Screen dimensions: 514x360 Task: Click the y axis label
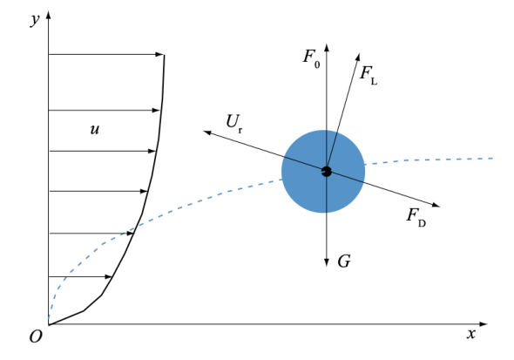35,20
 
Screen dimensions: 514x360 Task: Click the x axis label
471,334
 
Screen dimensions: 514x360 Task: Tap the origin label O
36,336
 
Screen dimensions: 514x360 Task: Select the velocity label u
94,130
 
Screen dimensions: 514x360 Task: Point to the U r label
234,123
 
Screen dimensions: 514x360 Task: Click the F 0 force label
311,58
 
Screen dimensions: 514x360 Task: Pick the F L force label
369,74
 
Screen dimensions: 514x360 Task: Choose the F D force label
416,217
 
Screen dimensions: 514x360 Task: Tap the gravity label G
344,262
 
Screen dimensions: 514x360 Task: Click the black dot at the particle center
326,171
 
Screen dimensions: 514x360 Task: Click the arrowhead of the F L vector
358,57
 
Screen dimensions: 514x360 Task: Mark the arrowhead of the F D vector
436,205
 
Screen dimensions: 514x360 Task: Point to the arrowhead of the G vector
326,262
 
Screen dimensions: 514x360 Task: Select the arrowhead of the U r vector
208,132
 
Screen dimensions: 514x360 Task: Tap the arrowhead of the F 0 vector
326,48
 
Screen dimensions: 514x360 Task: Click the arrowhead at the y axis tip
49,15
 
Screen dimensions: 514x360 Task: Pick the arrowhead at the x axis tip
484,324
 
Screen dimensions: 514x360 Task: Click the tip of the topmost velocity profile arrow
164,54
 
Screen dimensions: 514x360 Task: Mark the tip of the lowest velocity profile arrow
112,276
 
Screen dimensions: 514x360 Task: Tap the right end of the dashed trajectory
493,159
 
